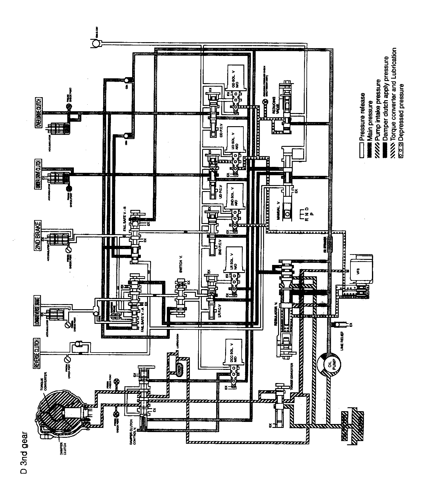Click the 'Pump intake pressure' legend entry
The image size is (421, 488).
click(x=379, y=110)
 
